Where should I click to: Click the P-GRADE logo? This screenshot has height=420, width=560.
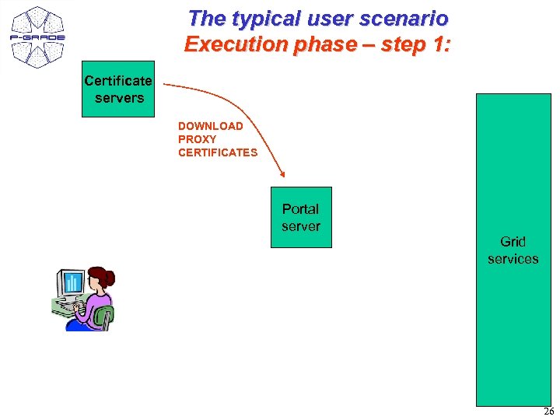38,37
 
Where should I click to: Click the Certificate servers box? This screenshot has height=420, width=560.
118,89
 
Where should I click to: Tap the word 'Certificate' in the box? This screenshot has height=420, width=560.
118,81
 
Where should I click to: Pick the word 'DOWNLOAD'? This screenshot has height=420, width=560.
210,126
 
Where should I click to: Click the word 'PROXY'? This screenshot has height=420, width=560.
197,139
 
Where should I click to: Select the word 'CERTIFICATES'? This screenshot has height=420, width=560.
217,152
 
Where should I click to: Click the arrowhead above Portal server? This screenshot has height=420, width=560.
282,174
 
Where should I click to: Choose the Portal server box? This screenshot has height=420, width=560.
301,218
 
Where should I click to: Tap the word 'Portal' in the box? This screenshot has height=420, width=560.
301,209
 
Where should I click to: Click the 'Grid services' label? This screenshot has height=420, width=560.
513,250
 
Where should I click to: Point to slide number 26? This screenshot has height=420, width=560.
548,411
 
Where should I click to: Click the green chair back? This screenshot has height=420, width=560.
105,316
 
